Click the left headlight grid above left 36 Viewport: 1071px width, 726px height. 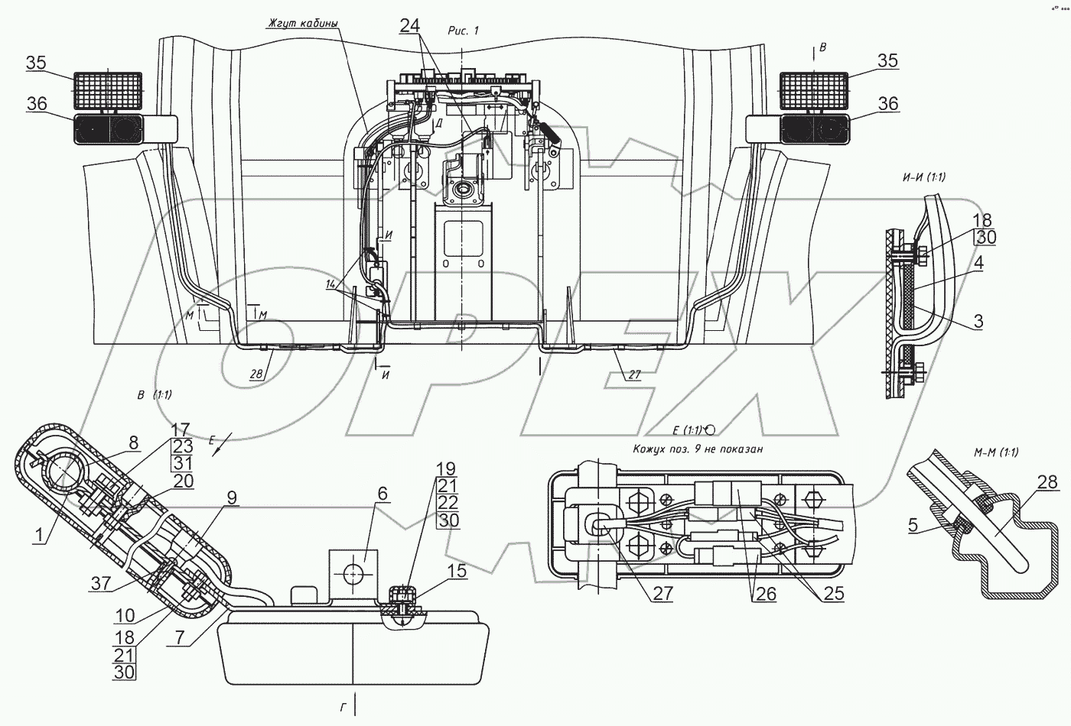(108, 90)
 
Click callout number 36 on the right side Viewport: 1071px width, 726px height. (887, 103)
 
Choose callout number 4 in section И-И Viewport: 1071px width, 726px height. (978, 264)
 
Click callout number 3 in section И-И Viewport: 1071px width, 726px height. (978, 321)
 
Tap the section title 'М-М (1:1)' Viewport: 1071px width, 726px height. (996, 452)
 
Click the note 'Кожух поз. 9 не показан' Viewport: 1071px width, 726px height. (698, 449)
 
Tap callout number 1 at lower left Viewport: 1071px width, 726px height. (37, 536)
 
